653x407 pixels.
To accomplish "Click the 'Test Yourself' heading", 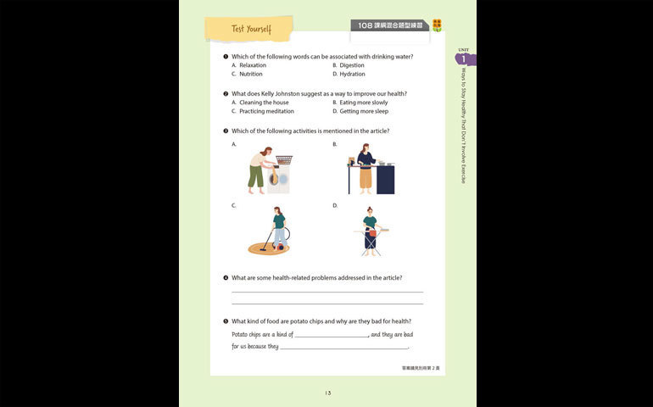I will click(x=251, y=30).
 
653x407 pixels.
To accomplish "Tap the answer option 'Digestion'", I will click(x=352, y=65).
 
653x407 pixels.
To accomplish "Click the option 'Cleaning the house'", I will click(x=264, y=103).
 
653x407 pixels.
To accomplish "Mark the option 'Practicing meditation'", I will click(x=266, y=111).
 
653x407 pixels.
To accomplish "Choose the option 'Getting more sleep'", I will click(x=364, y=111).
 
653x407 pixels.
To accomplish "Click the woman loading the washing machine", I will click(x=260, y=170).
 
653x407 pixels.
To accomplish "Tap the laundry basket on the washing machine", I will click(x=284, y=159).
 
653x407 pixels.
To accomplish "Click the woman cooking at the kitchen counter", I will click(x=366, y=168).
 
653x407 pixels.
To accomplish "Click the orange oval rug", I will click(x=268, y=248).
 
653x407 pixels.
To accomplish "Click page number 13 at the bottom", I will click(x=327, y=393).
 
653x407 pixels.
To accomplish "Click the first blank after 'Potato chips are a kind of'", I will click(x=332, y=334).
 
